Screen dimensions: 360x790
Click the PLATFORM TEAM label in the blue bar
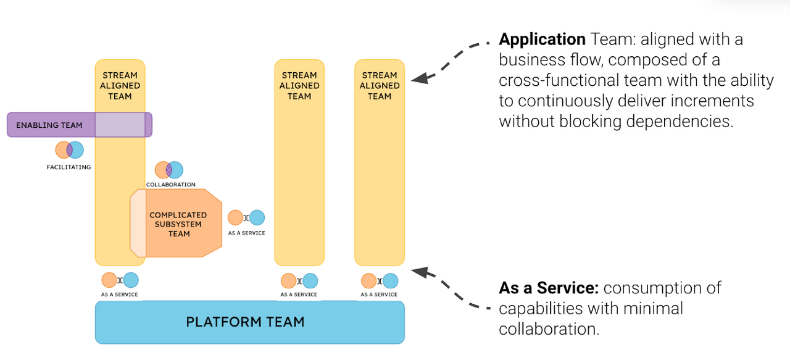(245, 322)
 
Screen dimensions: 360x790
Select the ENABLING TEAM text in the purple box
(49, 125)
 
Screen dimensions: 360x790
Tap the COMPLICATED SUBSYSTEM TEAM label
(178, 224)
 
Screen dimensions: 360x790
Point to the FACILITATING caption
(69, 167)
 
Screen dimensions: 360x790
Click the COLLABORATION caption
(171, 185)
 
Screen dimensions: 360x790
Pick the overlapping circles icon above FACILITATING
(69, 150)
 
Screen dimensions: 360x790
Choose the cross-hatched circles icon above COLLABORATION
(168, 170)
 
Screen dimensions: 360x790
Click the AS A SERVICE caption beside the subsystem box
(246, 233)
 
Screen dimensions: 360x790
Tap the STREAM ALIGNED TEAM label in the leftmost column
(120, 86)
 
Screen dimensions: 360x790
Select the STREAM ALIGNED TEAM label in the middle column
(299, 86)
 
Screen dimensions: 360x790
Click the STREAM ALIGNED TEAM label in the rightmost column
(380, 86)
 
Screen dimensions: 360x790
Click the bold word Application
(542, 40)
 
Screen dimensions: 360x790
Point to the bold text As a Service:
(549, 288)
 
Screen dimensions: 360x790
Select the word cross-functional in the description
(561, 80)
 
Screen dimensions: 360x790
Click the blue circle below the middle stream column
(310, 281)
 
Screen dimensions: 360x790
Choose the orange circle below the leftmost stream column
(109, 280)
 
